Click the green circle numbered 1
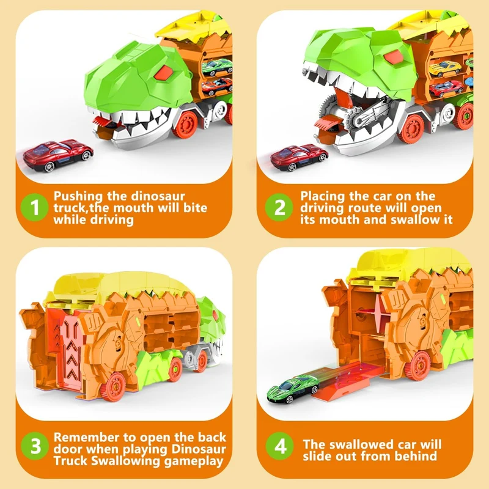point(34,207)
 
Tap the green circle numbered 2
point(279,207)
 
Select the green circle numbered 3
point(35,446)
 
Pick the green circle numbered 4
point(280,446)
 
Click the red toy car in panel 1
point(58,155)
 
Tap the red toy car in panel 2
point(299,157)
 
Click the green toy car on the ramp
point(293,389)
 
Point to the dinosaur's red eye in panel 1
point(163,72)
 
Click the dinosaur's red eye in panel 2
point(393,57)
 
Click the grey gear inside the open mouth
point(355,119)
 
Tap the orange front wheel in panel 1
point(186,125)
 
